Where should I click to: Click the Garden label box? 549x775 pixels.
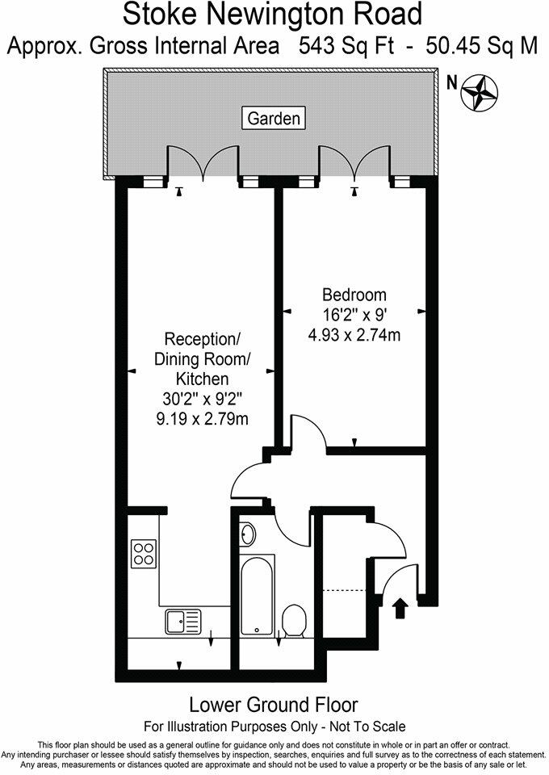pyautogui.click(x=274, y=119)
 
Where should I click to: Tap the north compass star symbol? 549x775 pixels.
pyautogui.click(x=479, y=91)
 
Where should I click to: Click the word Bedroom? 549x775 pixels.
pyautogui.click(x=354, y=295)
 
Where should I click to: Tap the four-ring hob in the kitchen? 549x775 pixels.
pyautogui.click(x=144, y=553)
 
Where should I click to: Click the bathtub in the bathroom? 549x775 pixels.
pyautogui.click(x=258, y=595)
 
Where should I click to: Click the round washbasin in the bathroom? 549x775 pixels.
pyautogui.click(x=249, y=534)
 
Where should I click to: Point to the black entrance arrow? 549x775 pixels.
pyautogui.click(x=398, y=607)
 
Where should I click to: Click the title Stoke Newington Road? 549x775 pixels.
pyautogui.click(x=274, y=14)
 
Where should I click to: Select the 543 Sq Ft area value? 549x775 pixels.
pyautogui.click(x=344, y=46)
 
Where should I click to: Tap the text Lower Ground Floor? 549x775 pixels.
pyautogui.click(x=274, y=706)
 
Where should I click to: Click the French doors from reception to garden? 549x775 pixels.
pyautogui.click(x=204, y=164)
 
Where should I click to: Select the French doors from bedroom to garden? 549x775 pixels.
pyautogui.click(x=354, y=164)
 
